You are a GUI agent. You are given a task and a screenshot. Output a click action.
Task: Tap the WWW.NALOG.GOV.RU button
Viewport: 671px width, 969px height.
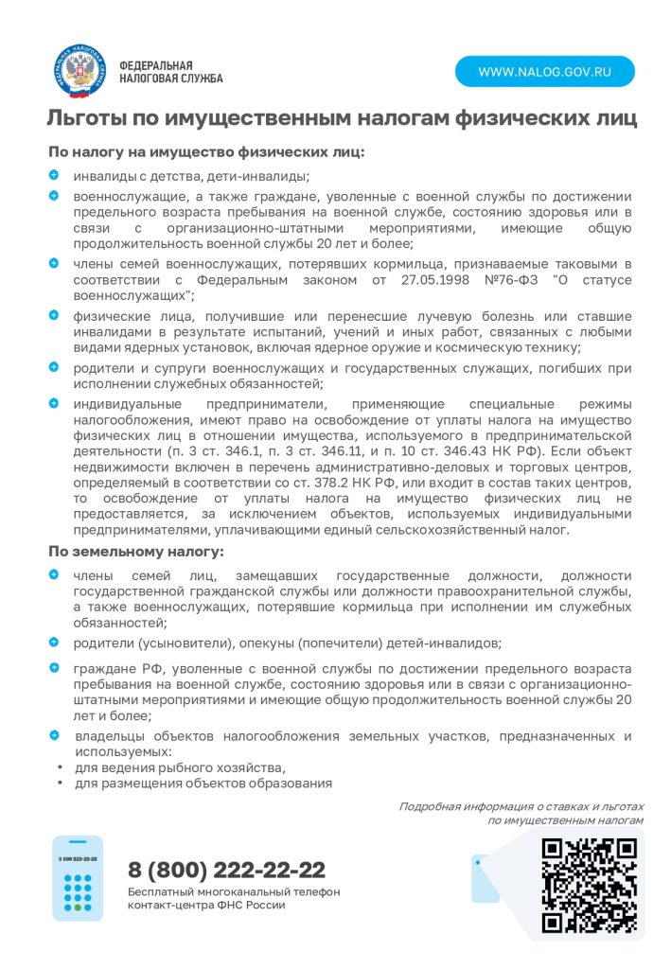[x=544, y=72]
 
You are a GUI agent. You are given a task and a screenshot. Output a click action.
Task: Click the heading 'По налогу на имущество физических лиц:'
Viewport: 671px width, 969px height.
[x=206, y=151]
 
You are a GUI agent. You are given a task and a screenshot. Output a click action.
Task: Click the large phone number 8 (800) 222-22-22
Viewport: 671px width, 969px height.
[x=227, y=870]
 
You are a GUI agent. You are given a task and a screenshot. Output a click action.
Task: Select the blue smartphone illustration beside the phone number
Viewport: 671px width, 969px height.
[x=77, y=878]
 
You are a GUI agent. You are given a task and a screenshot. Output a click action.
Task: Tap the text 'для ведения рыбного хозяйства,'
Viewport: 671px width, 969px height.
[x=180, y=766]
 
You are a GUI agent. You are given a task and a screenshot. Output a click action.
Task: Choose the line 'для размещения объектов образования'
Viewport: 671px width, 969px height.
[x=203, y=783]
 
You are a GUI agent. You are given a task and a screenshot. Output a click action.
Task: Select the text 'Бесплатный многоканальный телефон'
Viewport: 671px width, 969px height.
[x=234, y=891]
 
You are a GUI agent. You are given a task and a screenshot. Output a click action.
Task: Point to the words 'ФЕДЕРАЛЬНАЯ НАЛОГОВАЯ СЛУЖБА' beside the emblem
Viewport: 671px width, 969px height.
[x=171, y=71]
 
